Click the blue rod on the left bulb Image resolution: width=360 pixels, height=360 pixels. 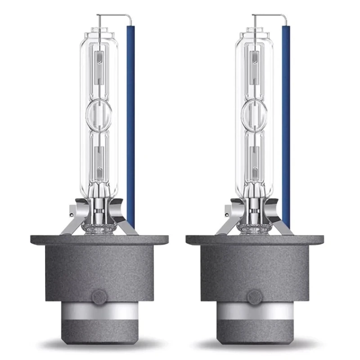point(130,126)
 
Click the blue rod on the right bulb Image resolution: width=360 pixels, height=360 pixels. point(286,126)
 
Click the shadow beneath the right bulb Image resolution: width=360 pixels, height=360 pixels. point(255,346)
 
